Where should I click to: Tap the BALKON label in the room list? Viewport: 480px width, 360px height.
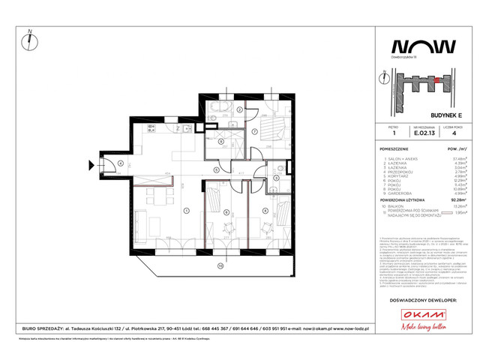click(x=397, y=206)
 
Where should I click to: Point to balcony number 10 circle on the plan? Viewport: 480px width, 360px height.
click(x=220, y=265)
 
